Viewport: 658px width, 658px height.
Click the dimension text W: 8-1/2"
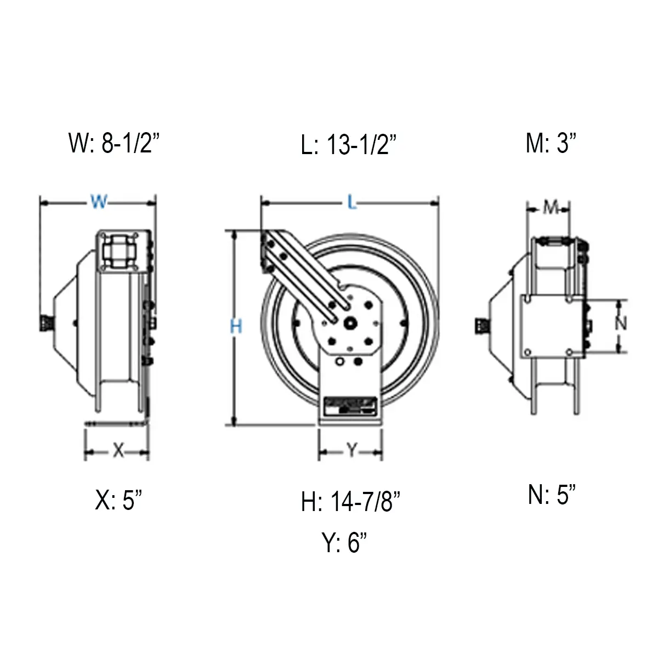115,144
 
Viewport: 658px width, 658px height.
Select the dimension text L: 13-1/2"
349,145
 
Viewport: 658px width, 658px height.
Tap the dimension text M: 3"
551,144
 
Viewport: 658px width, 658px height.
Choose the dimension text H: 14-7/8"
350,501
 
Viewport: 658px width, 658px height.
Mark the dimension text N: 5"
552,495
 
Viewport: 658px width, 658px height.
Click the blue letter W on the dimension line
99,202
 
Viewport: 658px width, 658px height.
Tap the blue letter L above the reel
351,203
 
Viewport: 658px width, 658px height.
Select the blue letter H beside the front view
236,327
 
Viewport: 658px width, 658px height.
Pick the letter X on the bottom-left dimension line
118,451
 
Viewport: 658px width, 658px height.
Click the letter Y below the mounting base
351,451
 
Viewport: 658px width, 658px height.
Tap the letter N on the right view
620,324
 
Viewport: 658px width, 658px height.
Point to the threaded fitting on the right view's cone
480,327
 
